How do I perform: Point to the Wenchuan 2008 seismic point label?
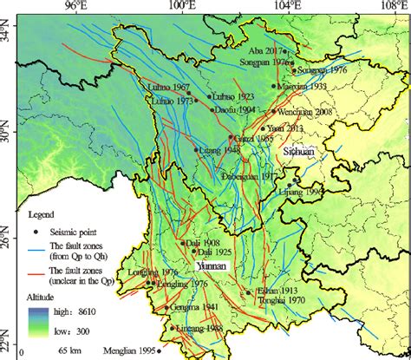click(x=304, y=112)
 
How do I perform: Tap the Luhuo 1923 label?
click(x=232, y=95)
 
